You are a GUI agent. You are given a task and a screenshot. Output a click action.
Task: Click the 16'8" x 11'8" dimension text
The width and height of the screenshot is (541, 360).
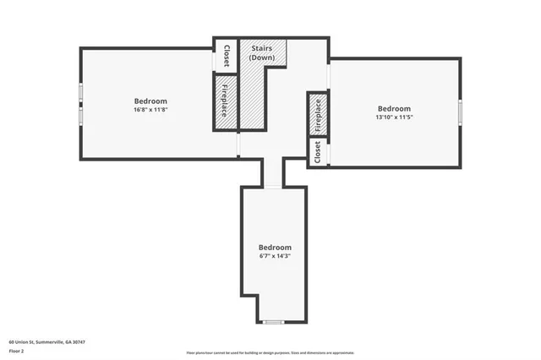pos(150,110)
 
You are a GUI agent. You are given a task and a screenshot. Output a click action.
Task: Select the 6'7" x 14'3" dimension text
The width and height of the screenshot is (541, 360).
pos(275,255)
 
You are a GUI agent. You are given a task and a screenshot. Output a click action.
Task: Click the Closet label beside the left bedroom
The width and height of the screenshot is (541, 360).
pos(227,57)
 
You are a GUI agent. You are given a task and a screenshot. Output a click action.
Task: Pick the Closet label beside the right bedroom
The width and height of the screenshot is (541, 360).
pos(318,153)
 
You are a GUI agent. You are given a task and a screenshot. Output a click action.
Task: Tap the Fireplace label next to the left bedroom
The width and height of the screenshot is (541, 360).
pos(225,100)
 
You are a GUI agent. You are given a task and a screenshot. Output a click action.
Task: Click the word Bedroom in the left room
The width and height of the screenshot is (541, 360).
pos(150,101)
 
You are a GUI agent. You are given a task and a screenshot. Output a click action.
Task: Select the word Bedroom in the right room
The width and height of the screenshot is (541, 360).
pos(394,108)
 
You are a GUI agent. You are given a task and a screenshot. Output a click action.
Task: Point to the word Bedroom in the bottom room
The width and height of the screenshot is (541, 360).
pos(275,247)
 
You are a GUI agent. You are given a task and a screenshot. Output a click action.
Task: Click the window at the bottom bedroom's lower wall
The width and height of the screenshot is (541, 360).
pos(273,322)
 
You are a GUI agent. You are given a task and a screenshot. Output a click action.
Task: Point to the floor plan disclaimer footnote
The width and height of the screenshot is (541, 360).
pos(270,352)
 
